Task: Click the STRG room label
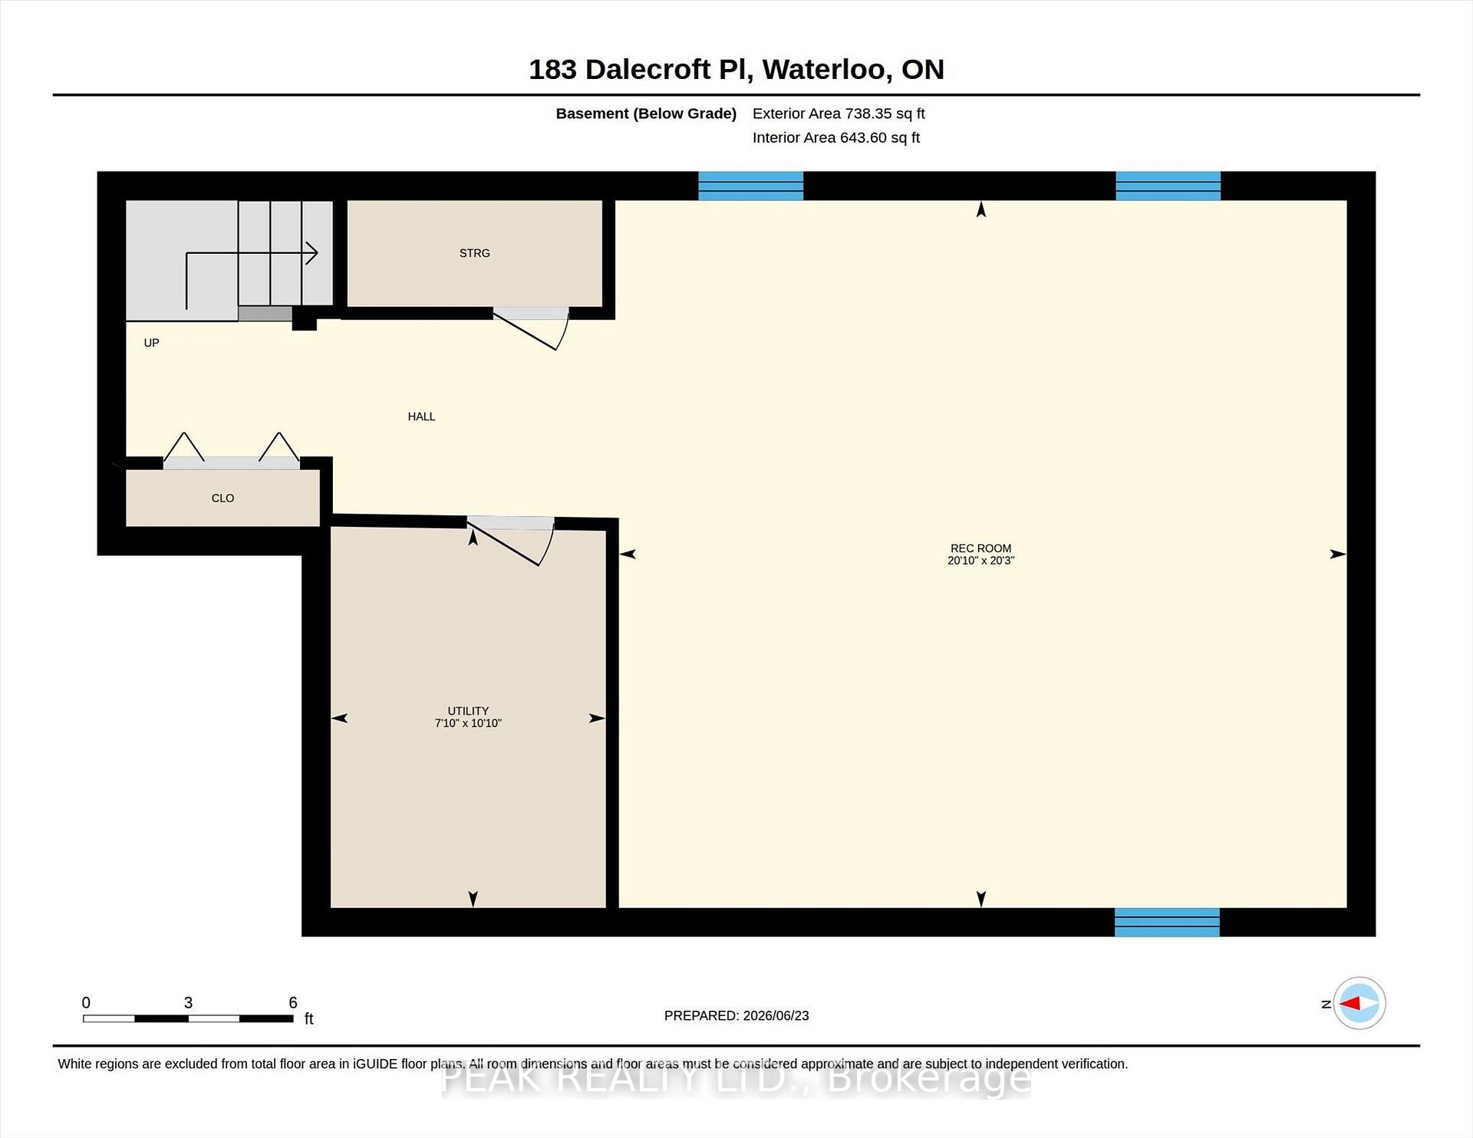coord(474,253)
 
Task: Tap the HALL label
coord(421,416)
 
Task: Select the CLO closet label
coord(222,498)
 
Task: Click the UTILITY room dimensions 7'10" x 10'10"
coord(468,723)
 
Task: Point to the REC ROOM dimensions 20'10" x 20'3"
coord(980,561)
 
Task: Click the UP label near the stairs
coord(151,343)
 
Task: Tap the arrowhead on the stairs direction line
coord(311,252)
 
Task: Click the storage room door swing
coord(530,329)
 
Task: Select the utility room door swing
coord(510,541)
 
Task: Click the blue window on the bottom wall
coord(1167,922)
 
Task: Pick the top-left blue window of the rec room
coord(750,186)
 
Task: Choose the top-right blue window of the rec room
coord(1168,186)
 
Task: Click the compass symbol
coord(1359,1003)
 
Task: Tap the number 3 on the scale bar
coord(188,1002)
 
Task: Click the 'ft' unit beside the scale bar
coord(309,1018)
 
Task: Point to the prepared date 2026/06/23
coord(776,1015)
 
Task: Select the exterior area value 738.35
coord(868,113)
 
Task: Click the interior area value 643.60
coord(863,138)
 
